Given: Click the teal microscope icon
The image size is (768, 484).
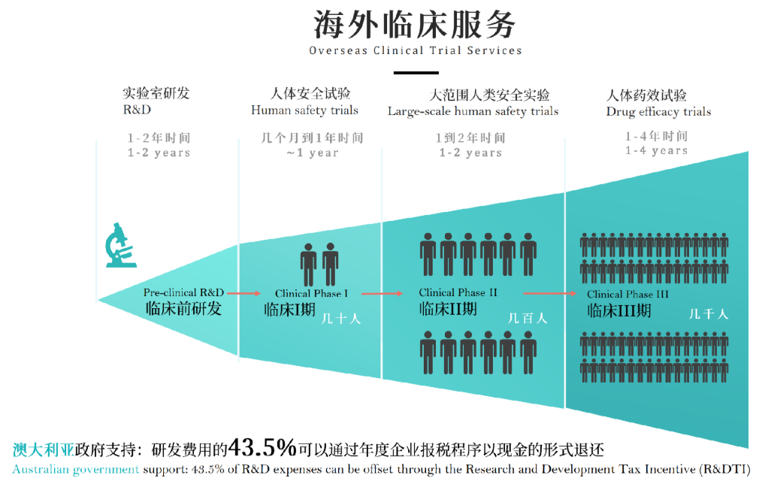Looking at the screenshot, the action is [x=120, y=245].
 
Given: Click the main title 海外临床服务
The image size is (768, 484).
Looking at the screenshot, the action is [x=415, y=25].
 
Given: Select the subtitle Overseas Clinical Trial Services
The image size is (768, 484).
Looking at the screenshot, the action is [x=416, y=50].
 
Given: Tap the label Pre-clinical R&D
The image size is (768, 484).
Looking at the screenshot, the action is [x=183, y=292].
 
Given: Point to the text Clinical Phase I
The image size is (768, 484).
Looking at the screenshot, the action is [x=312, y=293].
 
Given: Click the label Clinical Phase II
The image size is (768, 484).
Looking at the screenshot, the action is [x=458, y=292].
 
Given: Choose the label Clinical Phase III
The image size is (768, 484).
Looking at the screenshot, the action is [x=628, y=294].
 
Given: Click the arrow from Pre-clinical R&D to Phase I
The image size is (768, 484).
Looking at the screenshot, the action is [x=244, y=293].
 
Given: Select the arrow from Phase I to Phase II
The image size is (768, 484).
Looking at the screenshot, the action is [x=382, y=293].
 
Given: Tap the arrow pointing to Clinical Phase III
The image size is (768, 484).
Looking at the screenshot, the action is [x=550, y=293].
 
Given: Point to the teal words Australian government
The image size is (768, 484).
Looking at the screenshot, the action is [x=75, y=469].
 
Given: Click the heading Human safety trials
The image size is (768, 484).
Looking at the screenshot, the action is [x=304, y=110].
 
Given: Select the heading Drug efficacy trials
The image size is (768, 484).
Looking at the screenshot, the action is [x=659, y=112].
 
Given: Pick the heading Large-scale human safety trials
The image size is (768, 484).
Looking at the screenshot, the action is [x=473, y=112].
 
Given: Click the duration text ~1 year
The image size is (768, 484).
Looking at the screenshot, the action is [x=313, y=153].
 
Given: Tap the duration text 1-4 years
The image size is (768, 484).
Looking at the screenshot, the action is [x=656, y=151].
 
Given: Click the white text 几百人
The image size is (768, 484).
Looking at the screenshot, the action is [x=528, y=319].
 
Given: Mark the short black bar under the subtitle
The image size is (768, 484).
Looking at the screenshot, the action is [x=416, y=73].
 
